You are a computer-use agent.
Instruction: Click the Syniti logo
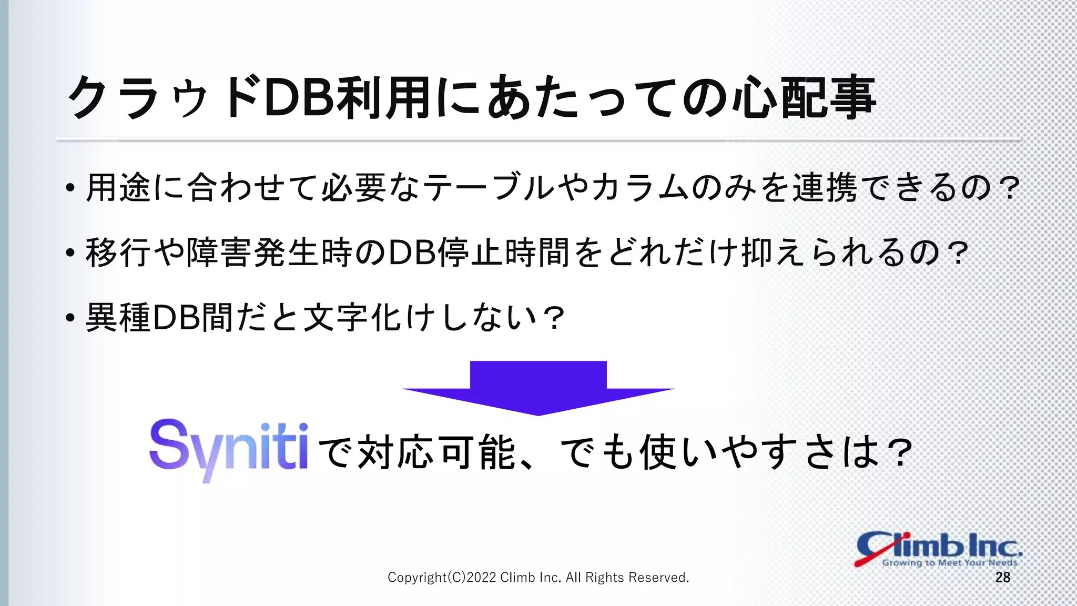pyautogui.click(x=229, y=450)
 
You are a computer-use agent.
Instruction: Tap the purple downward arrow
pyautogui.click(x=538, y=388)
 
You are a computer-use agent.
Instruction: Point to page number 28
pyautogui.click(x=1002, y=578)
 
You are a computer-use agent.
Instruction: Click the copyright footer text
pyautogui.click(x=538, y=578)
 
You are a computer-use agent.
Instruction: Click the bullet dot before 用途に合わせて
pyautogui.click(x=70, y=189)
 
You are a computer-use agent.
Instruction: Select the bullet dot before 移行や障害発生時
pyautogui.click(x=70, y=254)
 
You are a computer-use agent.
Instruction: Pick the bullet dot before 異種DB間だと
pyautogui.click(x=70, y=319)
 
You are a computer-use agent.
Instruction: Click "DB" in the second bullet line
pyautogui.click(x=412, y=253)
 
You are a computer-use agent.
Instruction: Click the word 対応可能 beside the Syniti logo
pyautogui.click(x=436, y=452)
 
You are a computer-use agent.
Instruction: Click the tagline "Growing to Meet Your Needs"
pyautogui.click(x=949, y=562)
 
